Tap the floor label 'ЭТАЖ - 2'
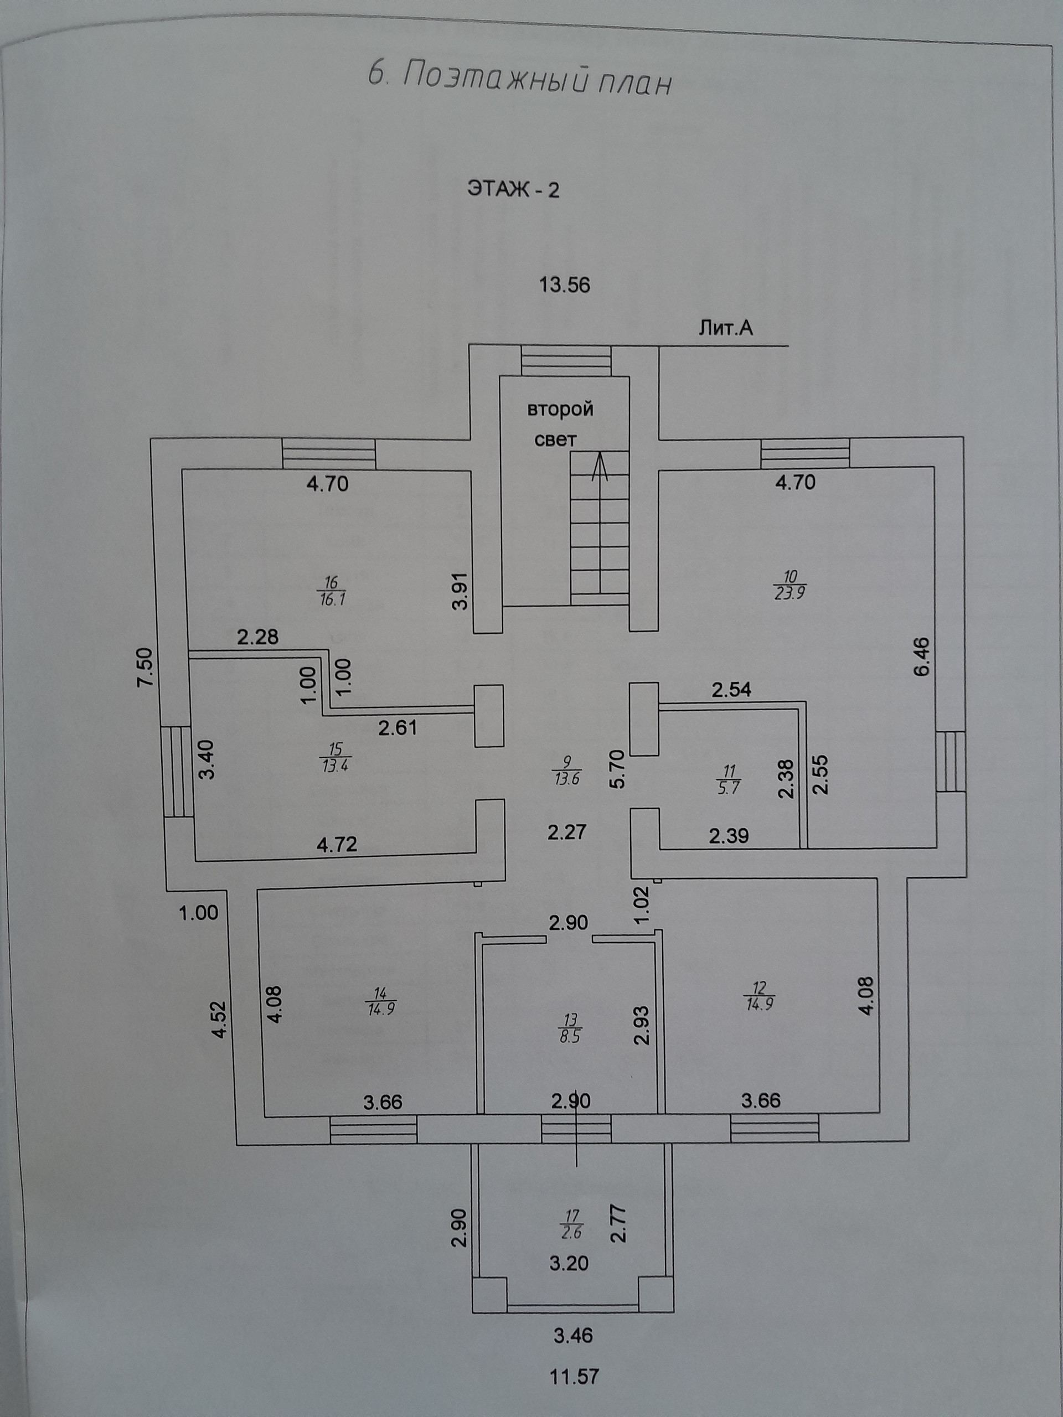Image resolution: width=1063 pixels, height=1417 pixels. (513, 190)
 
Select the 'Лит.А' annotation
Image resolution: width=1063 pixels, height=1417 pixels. (725, 329)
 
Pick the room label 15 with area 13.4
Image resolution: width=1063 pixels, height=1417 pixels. (336, 757)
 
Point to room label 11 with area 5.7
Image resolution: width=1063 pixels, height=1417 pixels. (730, 779)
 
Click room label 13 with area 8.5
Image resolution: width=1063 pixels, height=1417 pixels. (570, 1028)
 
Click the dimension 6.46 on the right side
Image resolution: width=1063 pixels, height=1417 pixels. (921, 656)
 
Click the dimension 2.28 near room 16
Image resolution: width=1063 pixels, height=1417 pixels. (257, 637)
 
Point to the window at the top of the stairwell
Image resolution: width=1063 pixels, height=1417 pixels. (565, 361)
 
